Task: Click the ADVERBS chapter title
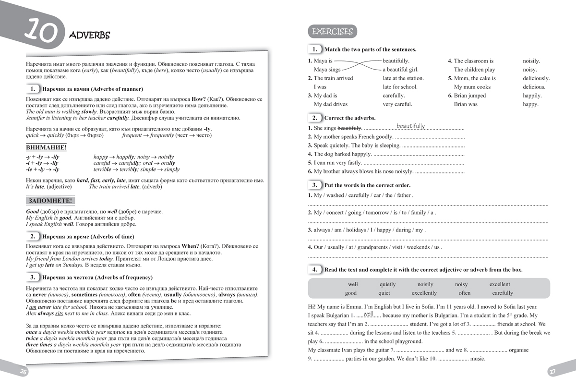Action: (x=89, y=35)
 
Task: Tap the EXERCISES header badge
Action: (x=332, y=32)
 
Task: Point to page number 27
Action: (x=552, y=372)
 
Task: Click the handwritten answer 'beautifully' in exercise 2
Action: (x=410, y=126)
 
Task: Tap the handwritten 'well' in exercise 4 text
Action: (x=368, y=314)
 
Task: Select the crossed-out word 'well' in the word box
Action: (x=353, y=284)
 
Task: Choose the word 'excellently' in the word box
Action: (x=424, y=293)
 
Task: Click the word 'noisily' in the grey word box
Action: (x=425, y=284)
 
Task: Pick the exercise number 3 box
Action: (x=314, y=185)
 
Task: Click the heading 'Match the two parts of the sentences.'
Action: (x=370, y=49)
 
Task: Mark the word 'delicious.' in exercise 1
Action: (x=534, y=87)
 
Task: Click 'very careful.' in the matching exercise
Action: (x=397, y=104)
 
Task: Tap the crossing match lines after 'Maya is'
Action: (x=357, y=65)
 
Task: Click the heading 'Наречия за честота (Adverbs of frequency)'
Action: (x=97, y=277)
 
